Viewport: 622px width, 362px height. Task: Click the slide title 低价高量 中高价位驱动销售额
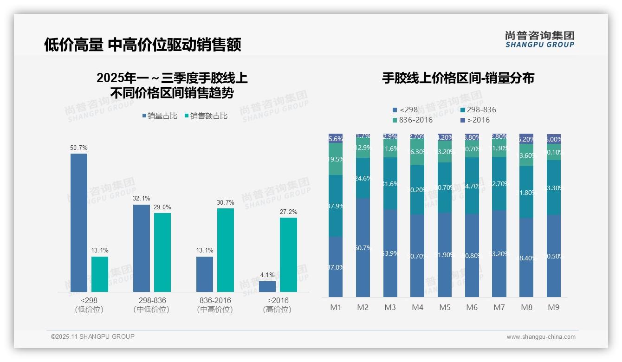point(143,45)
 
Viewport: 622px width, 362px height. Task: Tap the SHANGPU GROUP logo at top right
point(539,39)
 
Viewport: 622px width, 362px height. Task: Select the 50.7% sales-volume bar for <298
point(79,223)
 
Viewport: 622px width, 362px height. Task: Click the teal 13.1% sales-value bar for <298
point(100,274)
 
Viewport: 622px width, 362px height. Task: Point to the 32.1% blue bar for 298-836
point(142,248)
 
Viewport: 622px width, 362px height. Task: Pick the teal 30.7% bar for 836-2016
point(226,250)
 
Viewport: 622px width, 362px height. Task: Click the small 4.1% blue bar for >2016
point(267,286)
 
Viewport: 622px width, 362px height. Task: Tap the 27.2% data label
point(289,212)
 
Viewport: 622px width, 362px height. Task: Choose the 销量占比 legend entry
point(160,116)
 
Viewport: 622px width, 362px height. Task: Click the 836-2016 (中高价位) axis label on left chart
point(215,305)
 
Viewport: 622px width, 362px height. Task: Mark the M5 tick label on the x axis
point(444,307)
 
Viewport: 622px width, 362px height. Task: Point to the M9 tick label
point(553,307)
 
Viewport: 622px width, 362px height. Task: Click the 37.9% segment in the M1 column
point(336,206)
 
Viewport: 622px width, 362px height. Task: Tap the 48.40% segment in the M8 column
point(526,258)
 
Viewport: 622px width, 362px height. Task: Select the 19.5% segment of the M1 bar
point(336,159)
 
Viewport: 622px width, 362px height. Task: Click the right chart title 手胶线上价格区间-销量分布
point(458,78)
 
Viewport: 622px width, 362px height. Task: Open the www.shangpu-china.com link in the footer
point(541,337)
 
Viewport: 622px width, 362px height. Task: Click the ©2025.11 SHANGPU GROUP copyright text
point(93,336)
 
